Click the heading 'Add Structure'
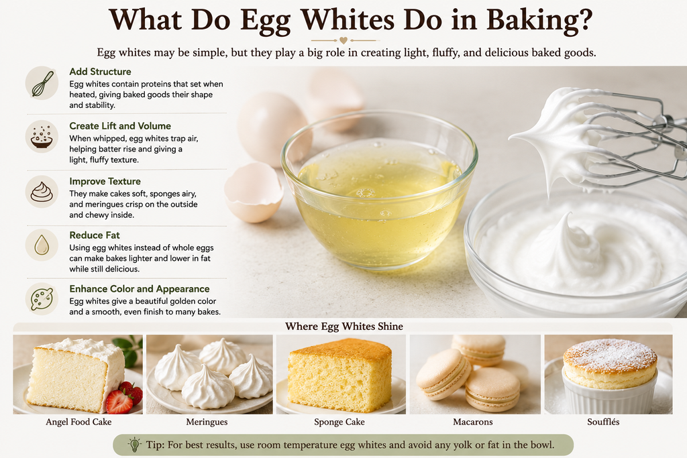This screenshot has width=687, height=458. (100, 72)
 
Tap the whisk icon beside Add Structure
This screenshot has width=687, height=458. (42, 83)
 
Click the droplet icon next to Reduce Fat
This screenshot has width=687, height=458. (42, 245)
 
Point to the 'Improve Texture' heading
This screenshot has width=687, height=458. (105, 181)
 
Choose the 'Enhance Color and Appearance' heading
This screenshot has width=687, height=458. (140, 289)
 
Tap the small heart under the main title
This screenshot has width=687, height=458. (343, 40)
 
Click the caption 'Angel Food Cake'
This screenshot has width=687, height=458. (78, 422)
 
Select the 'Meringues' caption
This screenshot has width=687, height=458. (207, 422)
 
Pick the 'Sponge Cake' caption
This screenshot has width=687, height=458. (339, 422)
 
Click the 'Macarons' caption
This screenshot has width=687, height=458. (473, 422)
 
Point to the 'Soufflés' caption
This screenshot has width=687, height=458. (603, 422)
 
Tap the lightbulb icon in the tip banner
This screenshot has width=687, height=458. (134, 445)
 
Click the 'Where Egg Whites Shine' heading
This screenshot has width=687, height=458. (344, 327)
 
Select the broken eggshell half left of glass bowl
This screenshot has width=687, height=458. (254, 192)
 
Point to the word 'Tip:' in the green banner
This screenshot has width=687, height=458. (155, 445)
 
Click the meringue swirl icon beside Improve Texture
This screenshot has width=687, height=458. (42, 192)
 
